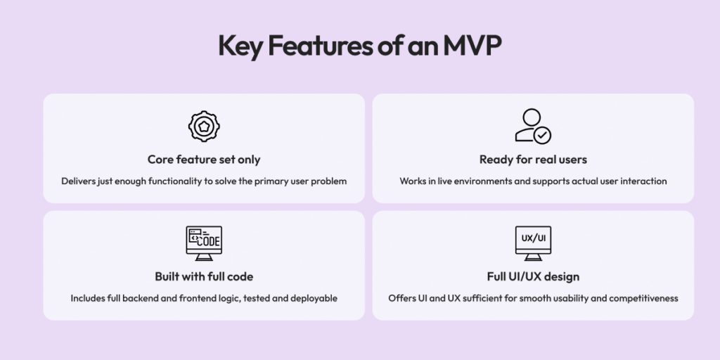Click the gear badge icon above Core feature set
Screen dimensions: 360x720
coord(204,127)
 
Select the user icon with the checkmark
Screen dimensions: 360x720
coord(532,127)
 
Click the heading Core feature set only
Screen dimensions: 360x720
coord(204,160)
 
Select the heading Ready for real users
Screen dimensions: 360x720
coord(533,160)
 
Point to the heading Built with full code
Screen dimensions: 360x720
coord(204,276)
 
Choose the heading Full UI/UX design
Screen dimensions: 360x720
coord(533,276)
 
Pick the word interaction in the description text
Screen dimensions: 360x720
coord(643,181)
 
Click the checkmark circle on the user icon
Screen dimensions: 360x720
coord(543,135)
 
